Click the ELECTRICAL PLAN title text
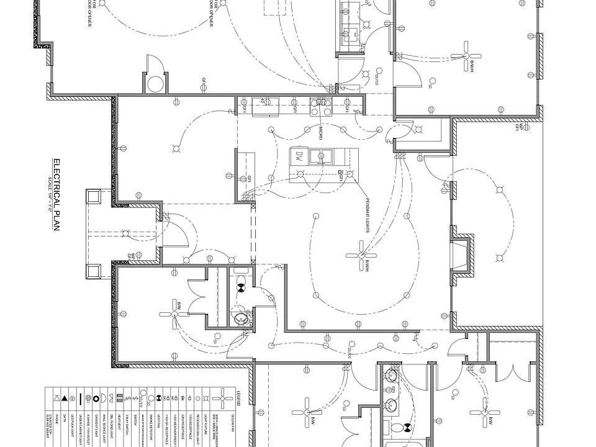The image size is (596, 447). point(55,195)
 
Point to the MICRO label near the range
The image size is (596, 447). point(321,132)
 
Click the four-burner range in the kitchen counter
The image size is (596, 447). point(321,107)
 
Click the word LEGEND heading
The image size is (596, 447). point(238,396)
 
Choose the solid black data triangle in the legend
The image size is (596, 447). point(65,397)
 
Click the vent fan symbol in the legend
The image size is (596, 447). point(159,397)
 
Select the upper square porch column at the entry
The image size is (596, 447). point(94,197)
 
